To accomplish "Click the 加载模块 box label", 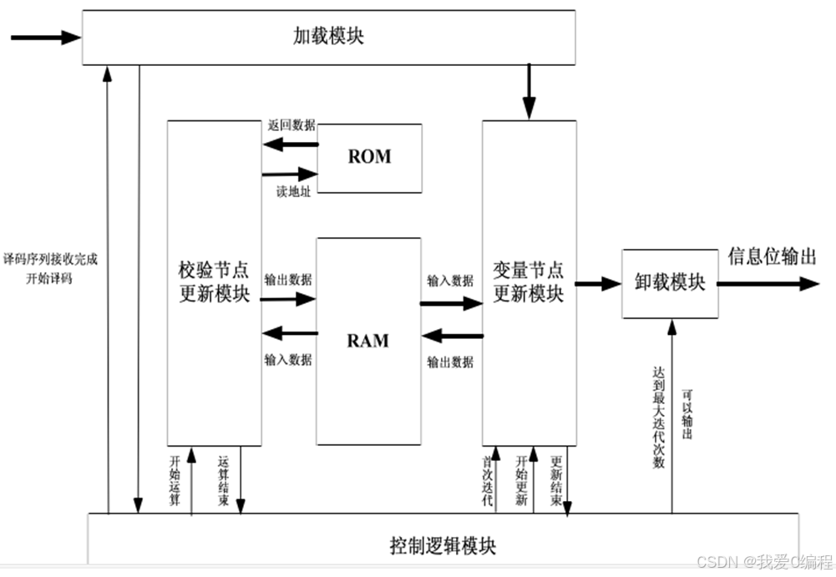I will coord(328,37).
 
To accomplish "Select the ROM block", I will coord(369,157).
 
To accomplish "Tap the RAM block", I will coord(368,341).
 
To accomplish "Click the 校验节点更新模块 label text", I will coord(214,282).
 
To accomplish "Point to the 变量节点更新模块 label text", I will coord(528,282).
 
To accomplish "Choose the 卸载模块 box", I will coord(670,283).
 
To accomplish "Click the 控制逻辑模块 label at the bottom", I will coord(443,547).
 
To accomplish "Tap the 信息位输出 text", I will coord(772,256).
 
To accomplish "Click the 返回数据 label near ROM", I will coord(291,125).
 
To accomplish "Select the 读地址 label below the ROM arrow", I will coord(293,192).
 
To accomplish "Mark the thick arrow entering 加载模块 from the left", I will coord(46,38).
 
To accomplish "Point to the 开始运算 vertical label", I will coord(175,481).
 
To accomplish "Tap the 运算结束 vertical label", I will coord(223,481).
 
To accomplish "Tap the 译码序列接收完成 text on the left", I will coord(50,260).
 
